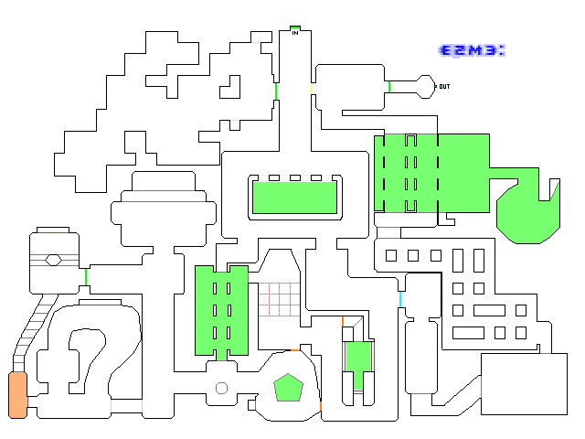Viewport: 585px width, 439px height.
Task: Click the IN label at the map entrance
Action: click(x=295, y=33)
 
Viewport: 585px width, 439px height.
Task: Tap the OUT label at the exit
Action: click(x=444, y=87)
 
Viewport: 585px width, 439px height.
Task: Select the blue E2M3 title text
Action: click(x=472, y=50)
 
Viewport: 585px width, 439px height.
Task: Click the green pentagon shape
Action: click(x=289, y=388)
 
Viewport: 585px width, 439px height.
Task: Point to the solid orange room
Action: click(x=18, y=395)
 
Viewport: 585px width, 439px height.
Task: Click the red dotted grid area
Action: click(x=279, y=299)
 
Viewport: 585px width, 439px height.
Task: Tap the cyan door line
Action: click(x=400, y=299)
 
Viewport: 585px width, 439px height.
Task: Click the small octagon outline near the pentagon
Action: click(x=221, y=388)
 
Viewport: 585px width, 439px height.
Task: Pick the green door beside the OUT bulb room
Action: click(x=389, y=87)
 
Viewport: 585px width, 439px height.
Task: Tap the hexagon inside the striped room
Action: click(x=53, y=260)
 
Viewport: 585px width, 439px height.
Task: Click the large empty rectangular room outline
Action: click(x=524, y=384)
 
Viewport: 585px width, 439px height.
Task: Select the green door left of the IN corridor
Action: click(x=276, y=91)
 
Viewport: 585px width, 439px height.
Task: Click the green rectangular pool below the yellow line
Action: click(x=294, y=198)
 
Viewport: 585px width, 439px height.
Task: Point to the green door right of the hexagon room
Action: click(x=86, y=277)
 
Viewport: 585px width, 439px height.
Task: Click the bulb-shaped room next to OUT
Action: click(x=425, y=87)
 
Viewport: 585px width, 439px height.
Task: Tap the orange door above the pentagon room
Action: click(x=295, y=350)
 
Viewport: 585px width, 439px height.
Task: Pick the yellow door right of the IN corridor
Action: click(x=314, y=89)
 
